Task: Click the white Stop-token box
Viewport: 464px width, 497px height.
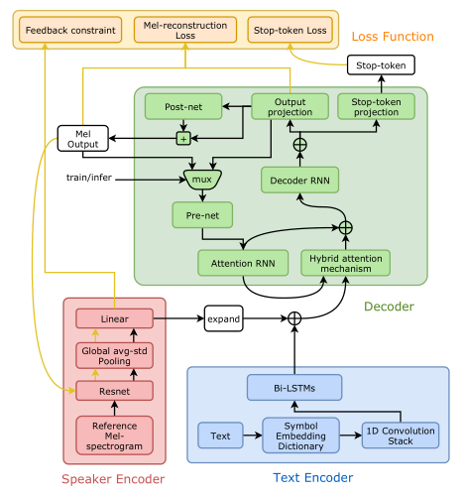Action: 381,65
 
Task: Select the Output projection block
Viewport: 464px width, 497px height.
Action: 290,105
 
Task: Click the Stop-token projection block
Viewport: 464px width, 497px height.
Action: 376,105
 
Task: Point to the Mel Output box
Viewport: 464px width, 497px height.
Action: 82,137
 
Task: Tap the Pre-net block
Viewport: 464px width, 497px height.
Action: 201,214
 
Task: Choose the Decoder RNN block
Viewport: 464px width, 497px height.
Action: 300,180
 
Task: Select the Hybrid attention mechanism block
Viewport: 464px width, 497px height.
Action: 345,262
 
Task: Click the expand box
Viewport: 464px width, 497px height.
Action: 223,318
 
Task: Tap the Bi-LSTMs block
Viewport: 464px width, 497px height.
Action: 293,387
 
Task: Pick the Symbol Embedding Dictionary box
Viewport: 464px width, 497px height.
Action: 293,435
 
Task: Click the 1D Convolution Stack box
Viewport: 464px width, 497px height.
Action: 400,435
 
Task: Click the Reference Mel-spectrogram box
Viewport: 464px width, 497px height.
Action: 115,434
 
